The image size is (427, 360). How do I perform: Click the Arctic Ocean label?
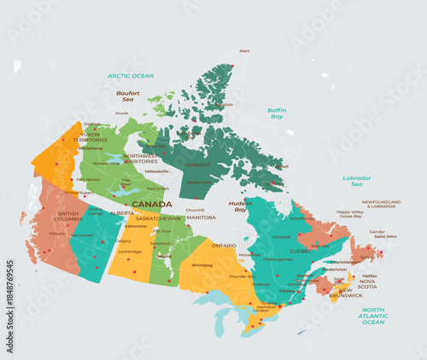click(x=131, y=76)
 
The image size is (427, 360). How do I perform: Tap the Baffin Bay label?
click(x=277, y=113)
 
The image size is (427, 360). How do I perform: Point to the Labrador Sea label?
click(x=357, y=180)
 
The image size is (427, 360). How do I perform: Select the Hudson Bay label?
click(x=239, y=205)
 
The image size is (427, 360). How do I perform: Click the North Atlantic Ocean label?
click(x=373, y=315)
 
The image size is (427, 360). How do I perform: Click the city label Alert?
click(x=244, y=51)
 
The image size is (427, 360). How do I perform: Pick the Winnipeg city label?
click(x=202, y=264)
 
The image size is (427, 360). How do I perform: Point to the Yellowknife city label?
click(x=157, y=171)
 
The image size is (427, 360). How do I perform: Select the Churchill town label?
click(x=196, y=210)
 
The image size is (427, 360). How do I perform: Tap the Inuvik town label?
click(x=122, y=113)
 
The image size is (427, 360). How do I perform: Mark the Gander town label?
click(x=377, y=231)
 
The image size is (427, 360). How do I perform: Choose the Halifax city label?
click(x=369, y=276)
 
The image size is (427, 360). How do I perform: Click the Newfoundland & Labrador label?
click(x=381, y=204)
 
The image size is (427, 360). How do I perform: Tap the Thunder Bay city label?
click(x=243, y=276)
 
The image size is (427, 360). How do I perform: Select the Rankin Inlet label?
click(x=199, y=182)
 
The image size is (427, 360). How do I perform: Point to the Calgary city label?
click(x=123, y=241)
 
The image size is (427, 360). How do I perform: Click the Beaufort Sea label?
click(x=128, y=96)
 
